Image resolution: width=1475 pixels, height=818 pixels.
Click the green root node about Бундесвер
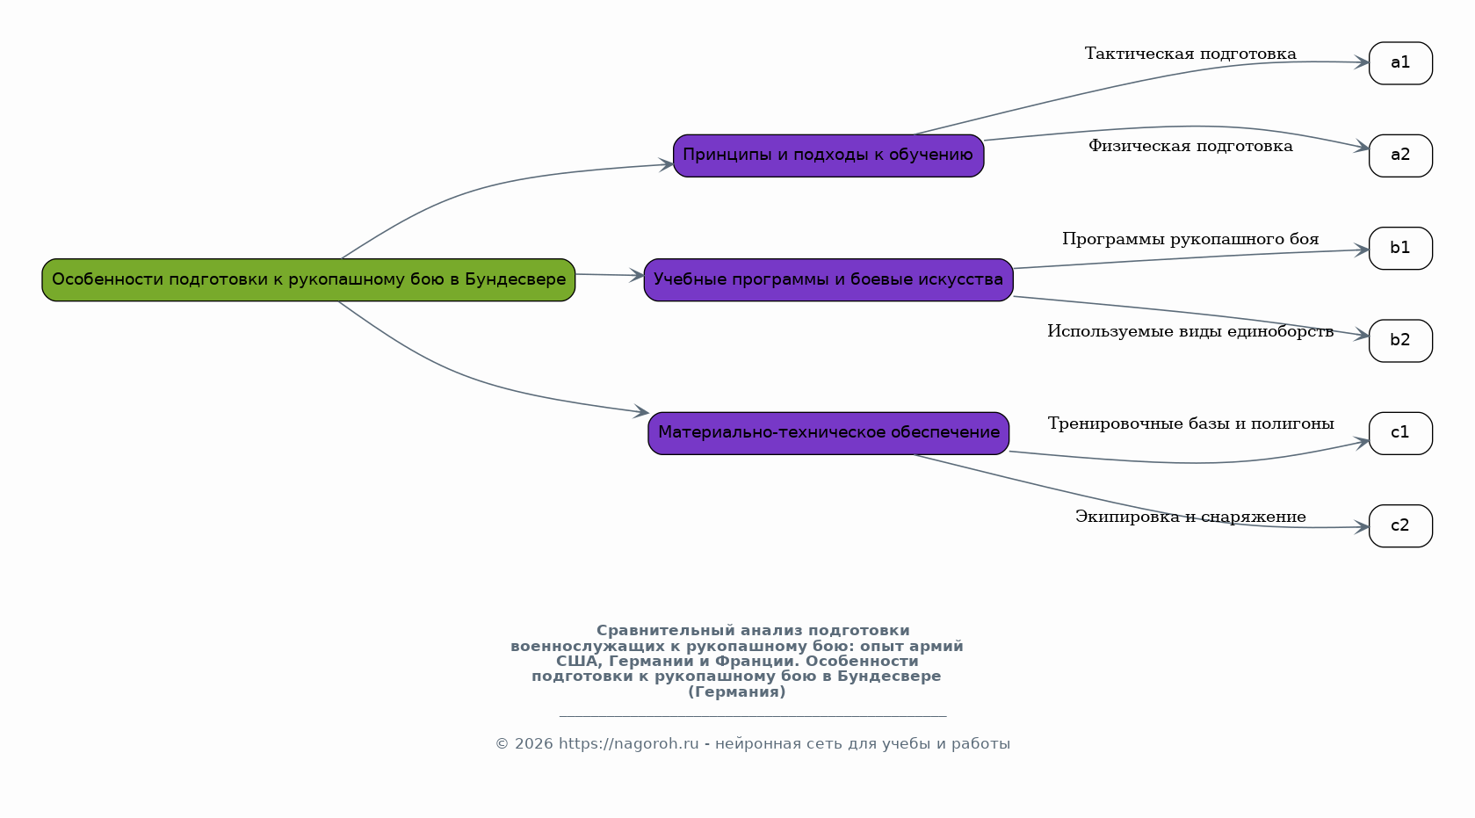click(308, 279)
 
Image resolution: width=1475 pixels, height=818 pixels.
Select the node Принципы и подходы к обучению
click(828, 156)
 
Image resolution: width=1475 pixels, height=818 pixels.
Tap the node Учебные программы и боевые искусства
click(828, 279)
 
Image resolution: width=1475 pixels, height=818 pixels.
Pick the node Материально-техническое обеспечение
click(828, 433)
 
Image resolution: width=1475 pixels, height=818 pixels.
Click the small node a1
click(1399, 63)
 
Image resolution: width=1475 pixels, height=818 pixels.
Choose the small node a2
click(1399, 156)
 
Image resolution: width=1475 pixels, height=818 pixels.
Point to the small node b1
click(1399, 249)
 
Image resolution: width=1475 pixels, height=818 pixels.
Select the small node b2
click(1399, 341)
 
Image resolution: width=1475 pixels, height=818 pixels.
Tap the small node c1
click(1399, 433)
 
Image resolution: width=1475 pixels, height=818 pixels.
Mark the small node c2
click(1399, 526)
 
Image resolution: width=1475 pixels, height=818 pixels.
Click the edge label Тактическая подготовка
click(1189, 54)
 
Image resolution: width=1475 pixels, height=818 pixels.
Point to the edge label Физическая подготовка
click(1189, 146)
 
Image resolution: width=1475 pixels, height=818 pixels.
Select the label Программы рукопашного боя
click(1189, 239)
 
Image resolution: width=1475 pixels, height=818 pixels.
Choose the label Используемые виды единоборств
click(1189, 331)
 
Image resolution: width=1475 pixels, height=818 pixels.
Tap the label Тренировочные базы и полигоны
click(1189, 424)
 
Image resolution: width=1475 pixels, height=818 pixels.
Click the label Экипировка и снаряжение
click(1189, 517)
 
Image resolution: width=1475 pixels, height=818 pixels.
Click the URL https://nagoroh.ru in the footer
click(628, 744)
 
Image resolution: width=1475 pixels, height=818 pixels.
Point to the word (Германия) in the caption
click(736, 692)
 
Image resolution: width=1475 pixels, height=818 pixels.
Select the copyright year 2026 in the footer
click(533, 744)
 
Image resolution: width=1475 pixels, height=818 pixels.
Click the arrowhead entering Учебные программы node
click(638, 276)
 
